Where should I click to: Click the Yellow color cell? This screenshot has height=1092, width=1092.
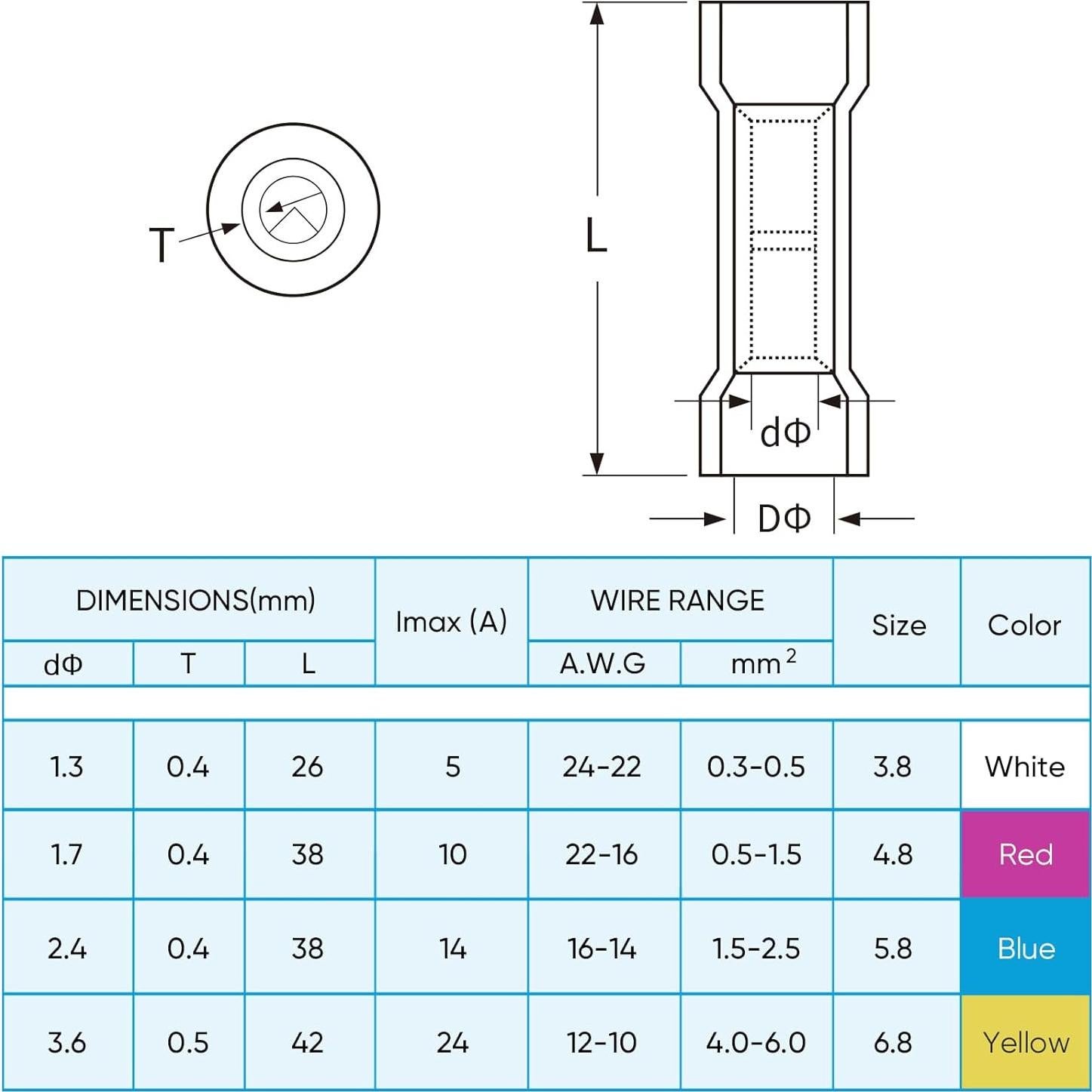(1025, 1042)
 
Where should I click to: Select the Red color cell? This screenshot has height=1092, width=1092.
(1025, 854)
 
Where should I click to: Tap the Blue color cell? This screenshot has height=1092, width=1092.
(1025, 948)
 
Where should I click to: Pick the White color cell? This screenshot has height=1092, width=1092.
(1025, 767)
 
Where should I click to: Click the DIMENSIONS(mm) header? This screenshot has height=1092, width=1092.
(195, 601)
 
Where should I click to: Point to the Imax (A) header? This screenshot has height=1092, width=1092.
(451, 622)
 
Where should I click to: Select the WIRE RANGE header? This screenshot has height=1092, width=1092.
(678, 601)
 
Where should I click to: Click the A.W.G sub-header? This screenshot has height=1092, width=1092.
(602, 664)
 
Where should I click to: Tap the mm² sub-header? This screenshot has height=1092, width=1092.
(762, 663)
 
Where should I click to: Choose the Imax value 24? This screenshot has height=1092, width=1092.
(452, 1042)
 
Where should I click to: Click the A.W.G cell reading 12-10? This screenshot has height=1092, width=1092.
(602, 1042)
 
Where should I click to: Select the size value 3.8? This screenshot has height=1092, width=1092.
(893, 767)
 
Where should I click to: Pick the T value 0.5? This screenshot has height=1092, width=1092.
(188, 1042)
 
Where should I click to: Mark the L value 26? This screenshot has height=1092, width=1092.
(307, 767)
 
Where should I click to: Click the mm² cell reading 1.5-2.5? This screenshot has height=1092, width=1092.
(756, 948)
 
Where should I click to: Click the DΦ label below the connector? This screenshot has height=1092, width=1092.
(784, 518)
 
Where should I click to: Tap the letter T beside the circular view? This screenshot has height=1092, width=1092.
(161, 245)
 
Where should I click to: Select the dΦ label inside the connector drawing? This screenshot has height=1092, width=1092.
(785, 433)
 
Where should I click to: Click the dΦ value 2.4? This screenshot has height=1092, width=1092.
(66, 948)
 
